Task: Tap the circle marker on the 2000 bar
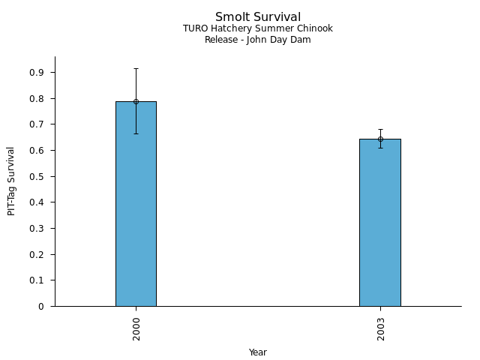pos(136,101)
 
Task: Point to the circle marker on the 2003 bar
pos(380,139)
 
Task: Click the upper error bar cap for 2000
pos(136,68)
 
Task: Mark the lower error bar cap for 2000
pos(136,133)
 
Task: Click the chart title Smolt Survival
pos(258,17)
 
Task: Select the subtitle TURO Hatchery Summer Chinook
pos(258,28)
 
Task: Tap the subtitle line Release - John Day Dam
pos(258,40)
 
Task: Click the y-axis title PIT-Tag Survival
pos(11,181)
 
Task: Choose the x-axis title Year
pos(258,352)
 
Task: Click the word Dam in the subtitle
pos(301,40)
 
